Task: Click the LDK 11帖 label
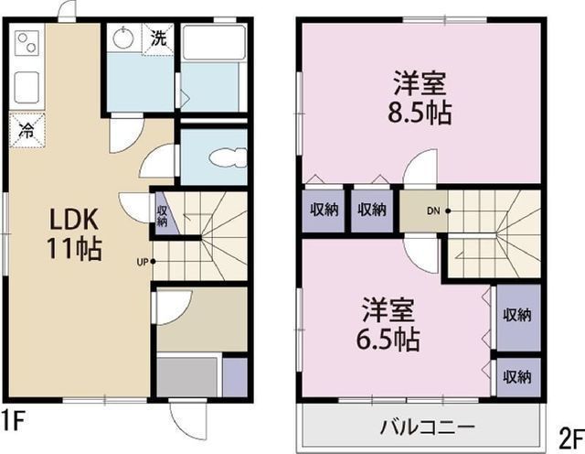(74, 234)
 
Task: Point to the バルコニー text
(428, 427)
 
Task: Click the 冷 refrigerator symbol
(27, 130)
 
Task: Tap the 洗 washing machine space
(158, 38)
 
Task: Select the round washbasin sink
(122, 38)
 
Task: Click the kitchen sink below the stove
(27, 86)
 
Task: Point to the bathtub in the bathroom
(213, 42)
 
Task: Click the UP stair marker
(145, 262)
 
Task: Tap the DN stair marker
(439, 211)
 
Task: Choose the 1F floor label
(13, 419)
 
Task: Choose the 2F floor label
(570, 438)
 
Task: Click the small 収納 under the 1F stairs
(162, 216)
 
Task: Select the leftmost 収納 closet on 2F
(324, 210)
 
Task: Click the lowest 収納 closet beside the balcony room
(517, 376)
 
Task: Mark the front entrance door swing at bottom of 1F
(187, 417)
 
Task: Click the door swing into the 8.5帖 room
(420, 167)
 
